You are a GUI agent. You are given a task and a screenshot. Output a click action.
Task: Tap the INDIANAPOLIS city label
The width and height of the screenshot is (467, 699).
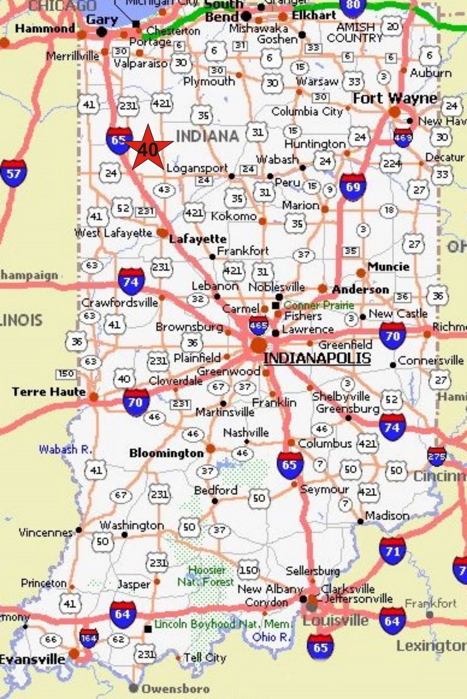pos(317,358)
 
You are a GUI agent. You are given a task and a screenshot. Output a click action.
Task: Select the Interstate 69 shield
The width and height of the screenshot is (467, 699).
pos(353,187)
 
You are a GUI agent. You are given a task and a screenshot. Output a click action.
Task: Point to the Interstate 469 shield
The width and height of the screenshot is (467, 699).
pos(403,137)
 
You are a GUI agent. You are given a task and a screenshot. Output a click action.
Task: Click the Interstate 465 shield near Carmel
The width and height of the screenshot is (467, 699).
pos(258,326)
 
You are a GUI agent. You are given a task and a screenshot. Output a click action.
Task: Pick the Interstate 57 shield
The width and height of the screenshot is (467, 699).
pos(13,173)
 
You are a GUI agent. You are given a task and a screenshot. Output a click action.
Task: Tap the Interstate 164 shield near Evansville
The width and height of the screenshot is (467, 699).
pos(89,638)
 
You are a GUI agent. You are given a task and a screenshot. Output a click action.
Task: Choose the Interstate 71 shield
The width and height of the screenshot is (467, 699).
pos(392,551)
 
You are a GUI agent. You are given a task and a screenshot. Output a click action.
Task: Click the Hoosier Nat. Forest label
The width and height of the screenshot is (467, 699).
pos(206,576)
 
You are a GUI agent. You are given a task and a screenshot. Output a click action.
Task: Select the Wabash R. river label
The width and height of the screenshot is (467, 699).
pos(65,449)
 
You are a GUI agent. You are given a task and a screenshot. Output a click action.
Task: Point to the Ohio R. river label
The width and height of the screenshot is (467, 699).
pos(271,637)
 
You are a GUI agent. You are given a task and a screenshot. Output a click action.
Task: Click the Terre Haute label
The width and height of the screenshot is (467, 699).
pos(48,391)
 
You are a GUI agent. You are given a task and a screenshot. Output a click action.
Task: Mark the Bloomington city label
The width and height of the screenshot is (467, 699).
pos(166,453)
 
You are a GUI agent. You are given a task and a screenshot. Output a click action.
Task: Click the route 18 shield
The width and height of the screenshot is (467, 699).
pos(389,210)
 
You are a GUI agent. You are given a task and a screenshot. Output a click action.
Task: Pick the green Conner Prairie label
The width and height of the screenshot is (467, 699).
pos(318,305)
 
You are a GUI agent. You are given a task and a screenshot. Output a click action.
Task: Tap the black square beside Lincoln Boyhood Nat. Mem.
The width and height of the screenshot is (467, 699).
pos(149,628)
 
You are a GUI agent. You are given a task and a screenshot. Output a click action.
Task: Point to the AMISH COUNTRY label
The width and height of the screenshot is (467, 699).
pos(354,33)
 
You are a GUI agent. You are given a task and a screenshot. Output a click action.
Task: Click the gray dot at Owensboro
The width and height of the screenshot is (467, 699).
pos(133,688)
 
